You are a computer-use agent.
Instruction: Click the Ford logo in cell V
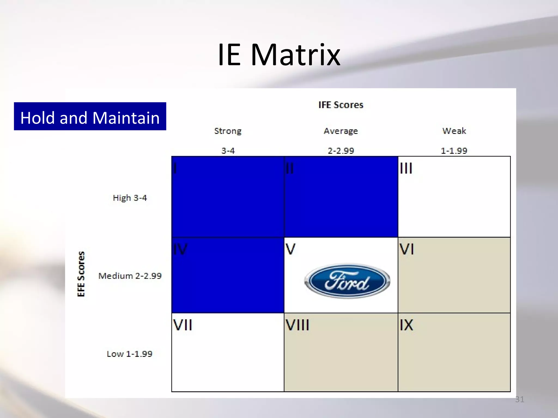[347, 281]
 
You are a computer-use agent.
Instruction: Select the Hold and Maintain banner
[90, 116]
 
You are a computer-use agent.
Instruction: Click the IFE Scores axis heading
[341, 105]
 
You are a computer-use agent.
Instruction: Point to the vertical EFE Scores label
[81, 274]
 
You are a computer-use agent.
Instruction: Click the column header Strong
[228, 131]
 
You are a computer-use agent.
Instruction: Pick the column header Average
[341, 131]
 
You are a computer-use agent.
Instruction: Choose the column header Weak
[454, 131]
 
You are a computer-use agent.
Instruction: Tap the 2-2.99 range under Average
[341, 151]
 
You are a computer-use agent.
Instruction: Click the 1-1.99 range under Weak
[454, 151]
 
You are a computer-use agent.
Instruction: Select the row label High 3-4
[130, 198]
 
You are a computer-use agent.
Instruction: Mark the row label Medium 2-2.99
[130, 276]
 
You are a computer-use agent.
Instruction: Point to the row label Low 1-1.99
[129, 354]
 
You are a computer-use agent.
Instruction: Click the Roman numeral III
[406, 168]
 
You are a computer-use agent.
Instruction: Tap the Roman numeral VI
[407, 249]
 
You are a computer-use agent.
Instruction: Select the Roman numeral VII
[183, 325]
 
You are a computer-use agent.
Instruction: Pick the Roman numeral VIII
[298, 325]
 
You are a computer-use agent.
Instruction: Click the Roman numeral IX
[407, 325]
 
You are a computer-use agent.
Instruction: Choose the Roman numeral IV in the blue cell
[180, 249]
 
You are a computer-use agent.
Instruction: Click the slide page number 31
[520, 399]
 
